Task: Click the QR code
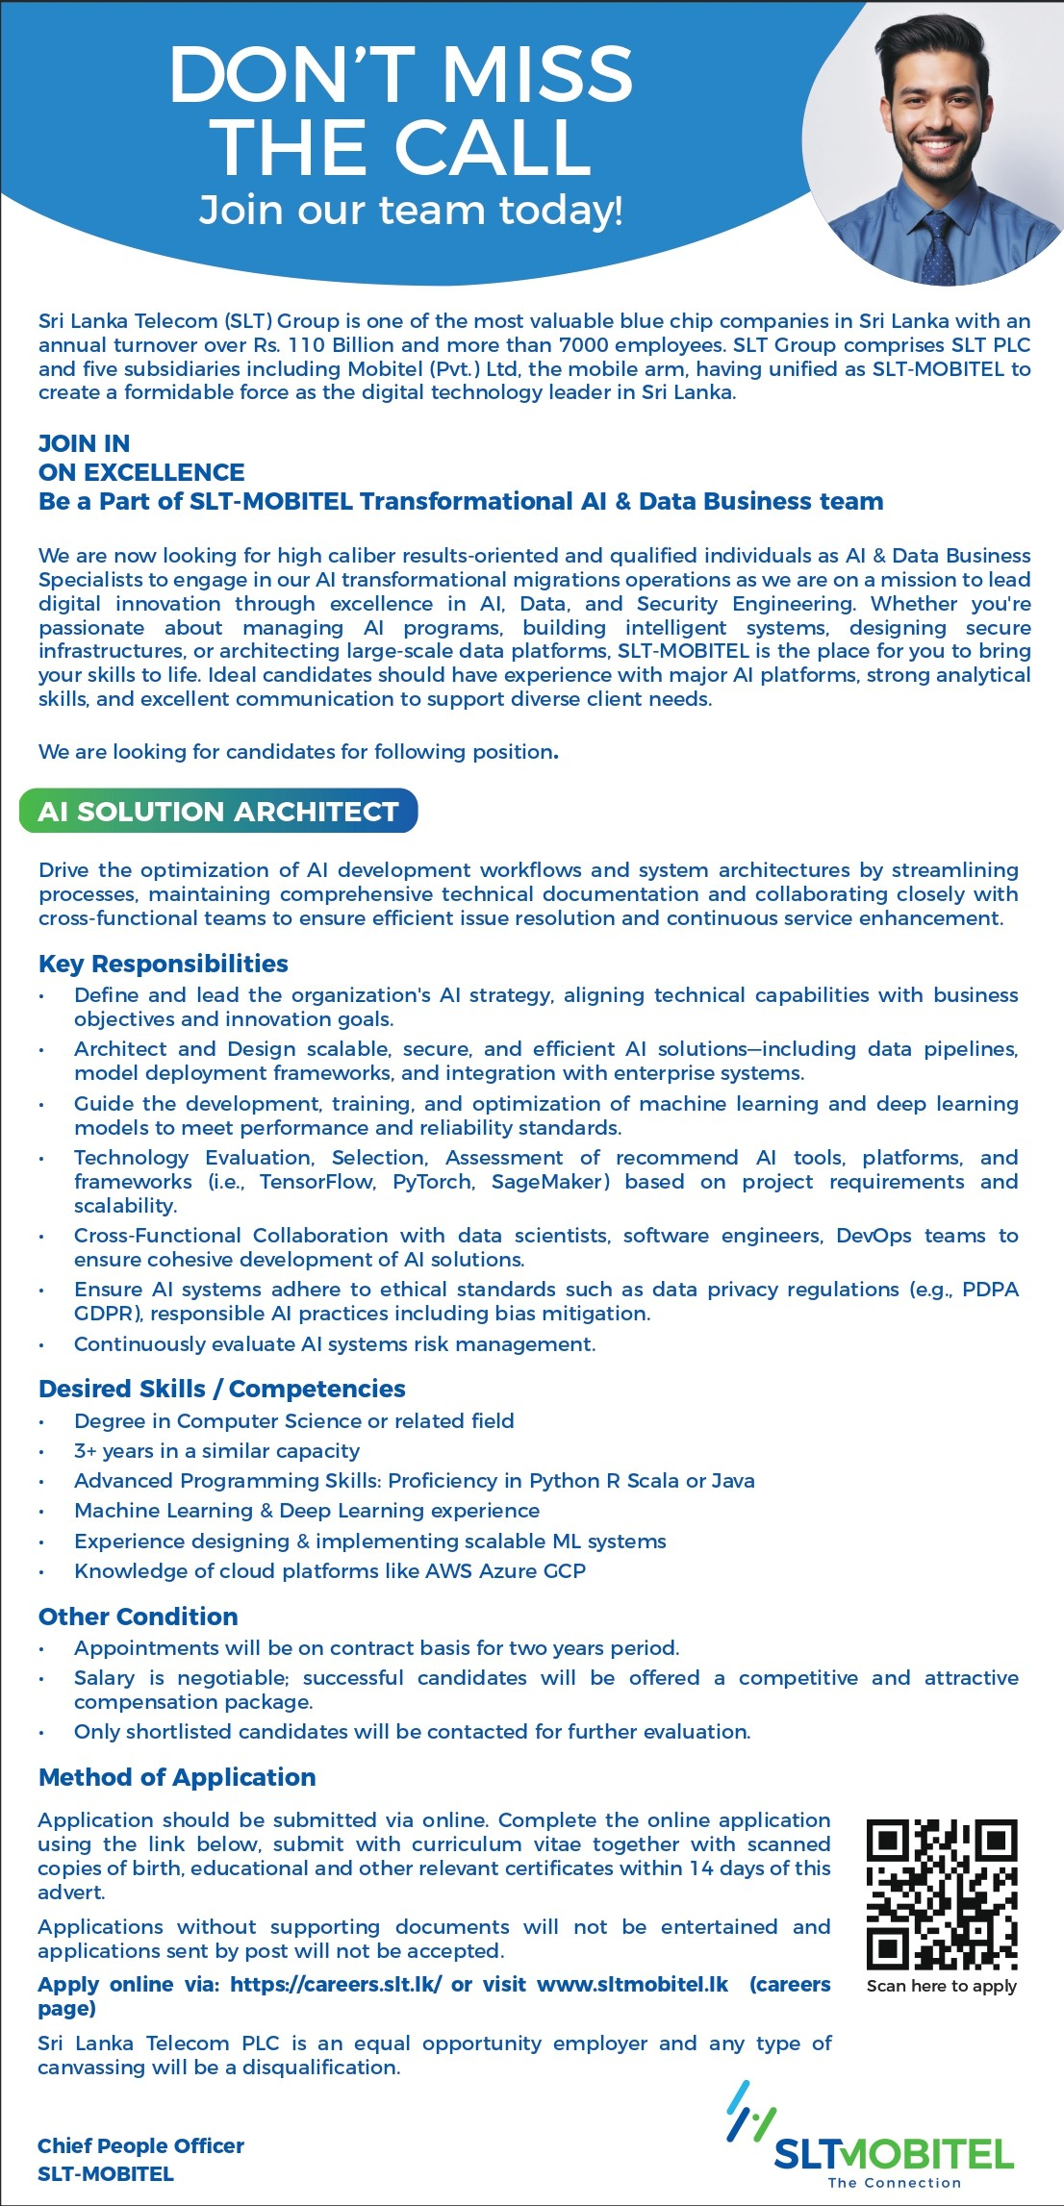pyautogui.click(x=942, y=1893)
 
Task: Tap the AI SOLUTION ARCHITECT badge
pyautogui.click(x=218, y=812)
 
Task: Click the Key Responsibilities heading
pyautogui.click(x=164, y=964)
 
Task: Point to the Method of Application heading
pyautogui.click(x=177, y=1777)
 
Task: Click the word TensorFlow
pyautogui.click(x=317, y=1182)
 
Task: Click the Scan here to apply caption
pyautogui.click(x=941, y=1986)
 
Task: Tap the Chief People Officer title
pyautogui.click(x=140, y=2146)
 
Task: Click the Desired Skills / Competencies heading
pyautogui.click(x=222, y=1389)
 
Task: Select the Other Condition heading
pyautogui.click(x=139, y=1617)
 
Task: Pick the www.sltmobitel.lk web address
pyautogui.click(x=632, y=1985)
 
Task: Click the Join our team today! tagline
pyautogui.click(x=411, y=210)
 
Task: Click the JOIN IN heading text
pyautogui.click(x=85, y=443)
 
